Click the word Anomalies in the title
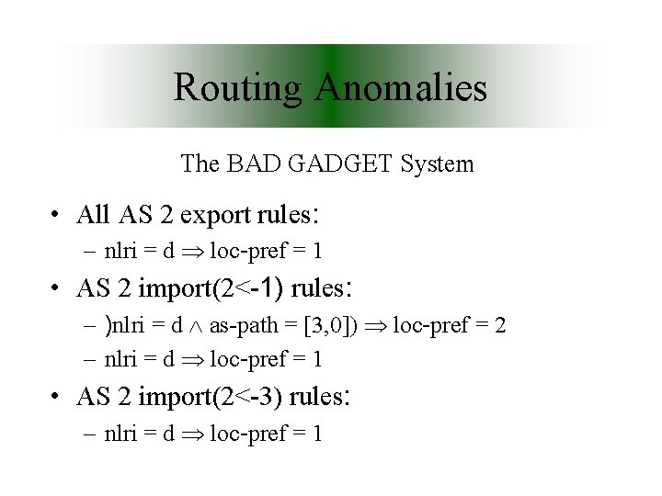402,88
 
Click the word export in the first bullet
216,215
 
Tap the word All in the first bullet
94,215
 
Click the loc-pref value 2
500,325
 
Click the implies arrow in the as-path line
378,326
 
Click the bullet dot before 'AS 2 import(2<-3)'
57,398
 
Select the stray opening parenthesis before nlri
108,325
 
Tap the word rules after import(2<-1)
317,288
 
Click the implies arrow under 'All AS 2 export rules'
196,251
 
